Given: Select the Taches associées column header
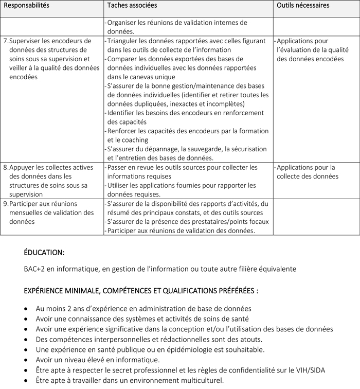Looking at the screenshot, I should tap(132, 5).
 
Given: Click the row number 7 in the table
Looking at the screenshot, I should tap(6, 41).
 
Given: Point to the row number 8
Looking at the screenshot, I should tap(6, 167).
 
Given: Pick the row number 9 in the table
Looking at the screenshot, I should tap(6, 203).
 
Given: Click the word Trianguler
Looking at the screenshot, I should tap(123, 41).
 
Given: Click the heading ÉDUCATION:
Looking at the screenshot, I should tap(44, 253).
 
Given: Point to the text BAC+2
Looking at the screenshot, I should tap(34, 269).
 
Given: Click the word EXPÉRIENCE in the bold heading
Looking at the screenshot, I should tap(46, 291).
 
